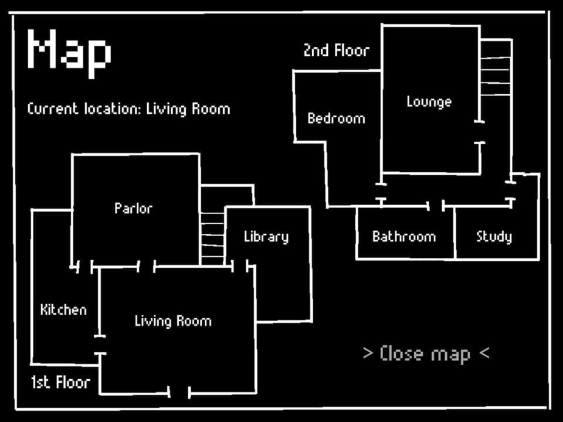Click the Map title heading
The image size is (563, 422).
coord(69,53)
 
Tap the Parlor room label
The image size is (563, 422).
coord(133,209)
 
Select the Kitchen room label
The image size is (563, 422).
coord(63,309)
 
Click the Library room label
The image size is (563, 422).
coord(266,237)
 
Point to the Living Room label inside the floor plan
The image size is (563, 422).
coord(173,321)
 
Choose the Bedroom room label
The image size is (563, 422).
coord(336,118)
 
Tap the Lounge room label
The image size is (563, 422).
coord(429,102)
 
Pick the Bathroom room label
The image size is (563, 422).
coord(404,236)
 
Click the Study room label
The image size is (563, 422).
coord(494,237)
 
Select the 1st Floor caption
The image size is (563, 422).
coord(60,383)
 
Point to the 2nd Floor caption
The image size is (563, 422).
coord(337,50)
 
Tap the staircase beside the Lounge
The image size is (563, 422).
coord(496,67)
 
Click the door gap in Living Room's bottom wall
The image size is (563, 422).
coord(179,393)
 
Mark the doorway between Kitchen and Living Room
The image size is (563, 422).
coord(100,345)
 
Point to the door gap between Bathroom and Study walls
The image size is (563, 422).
coord(436,206)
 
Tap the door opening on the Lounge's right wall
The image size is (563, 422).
coord(480,132)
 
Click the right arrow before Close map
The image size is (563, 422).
coord(368,353)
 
